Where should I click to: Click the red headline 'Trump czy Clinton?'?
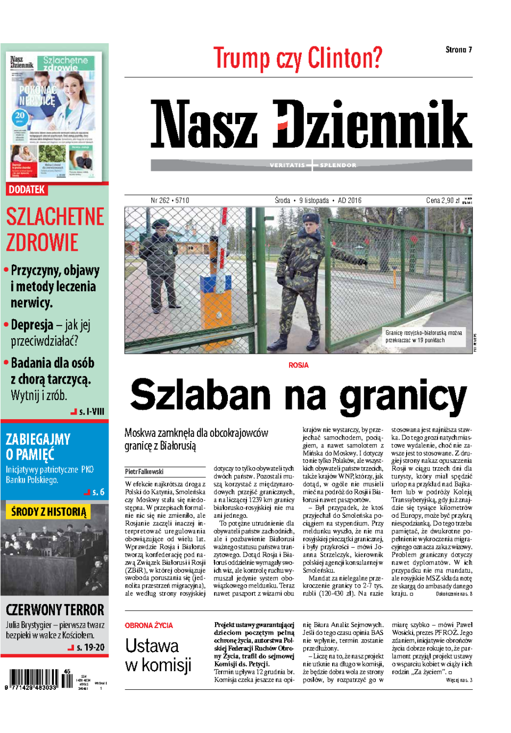tap(298, 58)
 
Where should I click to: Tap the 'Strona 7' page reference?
tap(458, 50)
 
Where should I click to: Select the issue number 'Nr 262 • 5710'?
tap(170, 200)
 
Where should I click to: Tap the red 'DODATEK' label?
tap(27, 190)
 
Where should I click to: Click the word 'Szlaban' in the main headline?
tap(201, 395)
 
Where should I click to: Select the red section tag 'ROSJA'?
tap(298, 365)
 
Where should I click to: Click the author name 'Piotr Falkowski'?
tap(144, 471)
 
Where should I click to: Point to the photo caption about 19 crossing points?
tap(423, 336)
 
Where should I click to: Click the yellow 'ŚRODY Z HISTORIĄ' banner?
tap(48, 512)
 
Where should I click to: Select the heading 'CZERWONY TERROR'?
tap(55, 610)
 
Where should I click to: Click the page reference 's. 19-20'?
tap(90, 647)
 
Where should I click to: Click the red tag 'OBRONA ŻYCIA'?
tap(149, 625)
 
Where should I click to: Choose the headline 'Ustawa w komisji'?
tap(158, 655)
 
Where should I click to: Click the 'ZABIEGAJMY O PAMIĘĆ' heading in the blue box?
tap(38, 446)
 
